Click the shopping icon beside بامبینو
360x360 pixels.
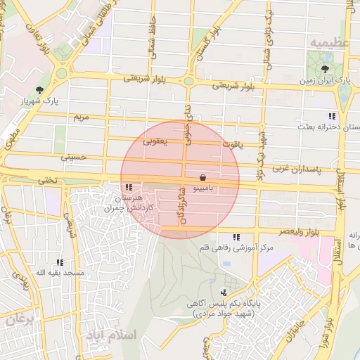[203, 177]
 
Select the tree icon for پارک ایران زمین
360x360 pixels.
[324, 69]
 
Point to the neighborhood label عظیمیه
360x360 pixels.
[328, 43]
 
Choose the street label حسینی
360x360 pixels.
[72, 158]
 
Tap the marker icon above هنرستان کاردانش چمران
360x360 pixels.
[128, 187]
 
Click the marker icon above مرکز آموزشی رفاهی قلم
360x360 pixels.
[236, 237]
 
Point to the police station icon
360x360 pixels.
[224, 292]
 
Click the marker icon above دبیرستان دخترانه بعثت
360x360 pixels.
[330, 115]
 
